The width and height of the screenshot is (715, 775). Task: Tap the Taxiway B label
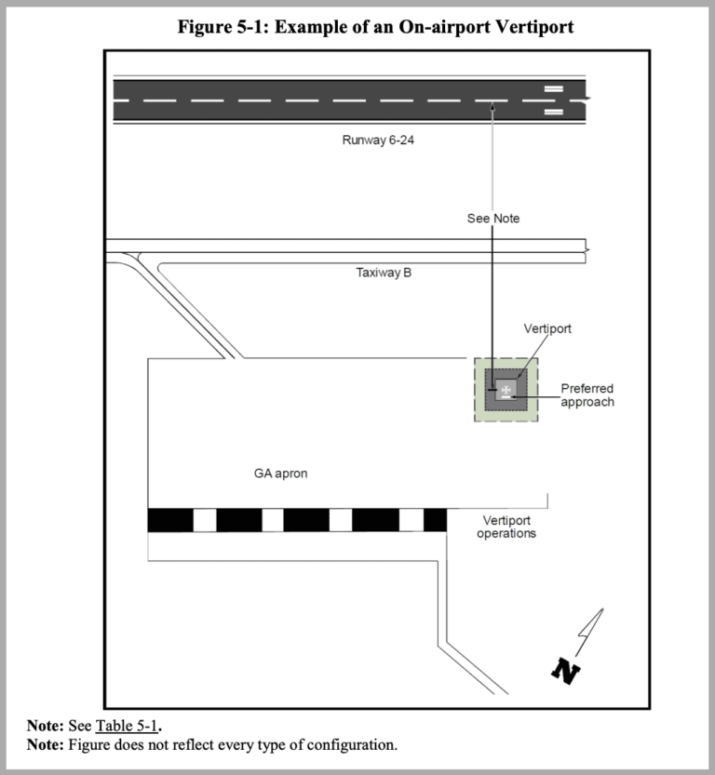(384, 274)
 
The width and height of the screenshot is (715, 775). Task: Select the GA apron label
(280, 474)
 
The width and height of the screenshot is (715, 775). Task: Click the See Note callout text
(493, 219)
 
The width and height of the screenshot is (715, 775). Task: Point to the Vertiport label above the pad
(547, 329)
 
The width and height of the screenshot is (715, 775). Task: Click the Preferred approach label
(587, 395)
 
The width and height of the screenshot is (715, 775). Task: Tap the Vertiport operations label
(506, 527)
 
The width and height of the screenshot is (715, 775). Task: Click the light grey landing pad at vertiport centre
(506, 389)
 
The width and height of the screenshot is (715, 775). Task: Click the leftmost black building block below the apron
(170, 520)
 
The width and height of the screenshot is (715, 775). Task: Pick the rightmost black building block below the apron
(435, 520)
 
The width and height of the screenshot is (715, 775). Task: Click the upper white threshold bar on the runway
(553, 88)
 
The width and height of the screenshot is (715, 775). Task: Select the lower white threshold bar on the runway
(553, 112)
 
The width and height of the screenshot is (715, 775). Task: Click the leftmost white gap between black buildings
(204, 520)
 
